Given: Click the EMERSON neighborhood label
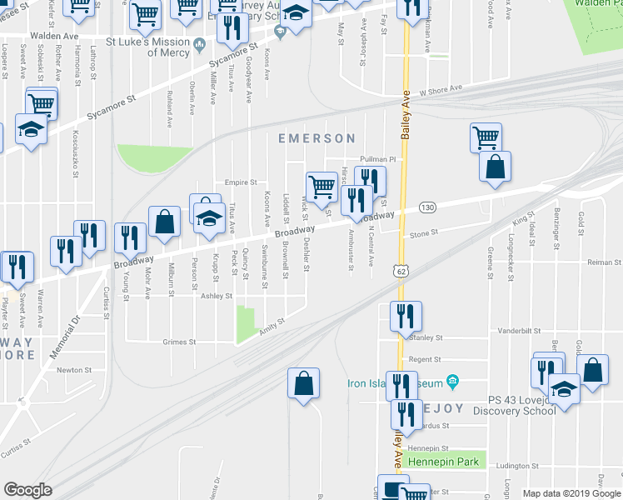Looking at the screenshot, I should coord(316,138).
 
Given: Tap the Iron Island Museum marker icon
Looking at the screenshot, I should coord(452,382).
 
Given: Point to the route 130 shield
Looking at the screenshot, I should coord(427,207).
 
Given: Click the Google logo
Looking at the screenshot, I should coord(27,490).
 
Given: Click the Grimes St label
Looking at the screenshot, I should coord(179,342).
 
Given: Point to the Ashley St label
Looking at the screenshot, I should coord(216,295).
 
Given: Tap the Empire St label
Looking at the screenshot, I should coord(241,182).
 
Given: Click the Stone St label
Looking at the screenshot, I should coord(424,234).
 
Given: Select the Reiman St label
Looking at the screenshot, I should coord(605,262).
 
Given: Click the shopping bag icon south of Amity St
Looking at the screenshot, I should coord(304,383).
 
